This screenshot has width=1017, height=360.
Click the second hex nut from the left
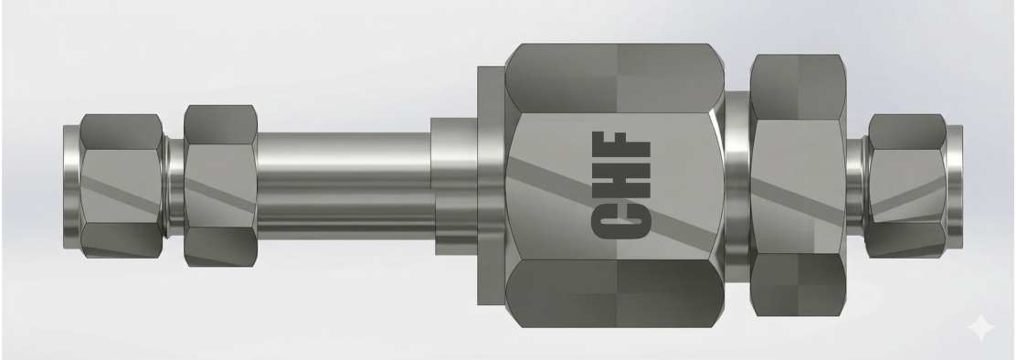coord(220,185)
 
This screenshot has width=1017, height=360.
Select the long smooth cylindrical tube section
coord(343,183)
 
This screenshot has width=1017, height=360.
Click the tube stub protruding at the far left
coord(71,185)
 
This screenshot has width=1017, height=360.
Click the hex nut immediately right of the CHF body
coord(797,185)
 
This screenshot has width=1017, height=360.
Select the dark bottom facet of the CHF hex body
coord(614,292)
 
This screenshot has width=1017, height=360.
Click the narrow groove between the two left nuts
coord(174,185)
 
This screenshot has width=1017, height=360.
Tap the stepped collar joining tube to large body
coord(455,185)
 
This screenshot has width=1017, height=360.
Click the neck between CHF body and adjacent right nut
coord(737,185)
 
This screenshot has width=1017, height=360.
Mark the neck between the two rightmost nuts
coord(855,185)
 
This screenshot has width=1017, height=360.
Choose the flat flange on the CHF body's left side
coord(492,185)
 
